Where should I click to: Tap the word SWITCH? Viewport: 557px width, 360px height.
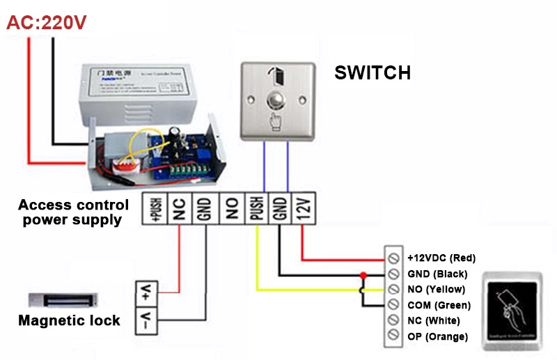pyautogui.click(x=372, y=72)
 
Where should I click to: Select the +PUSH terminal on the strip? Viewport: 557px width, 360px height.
pyautogui.click(x=154, y=210)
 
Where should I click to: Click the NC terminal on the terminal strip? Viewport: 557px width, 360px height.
pyautogui.click(x=180, y=210)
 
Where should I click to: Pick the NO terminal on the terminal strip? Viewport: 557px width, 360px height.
pyautogui.click(x=231, y=210)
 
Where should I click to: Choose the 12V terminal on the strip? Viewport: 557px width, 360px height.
pyautogui.click(x=304, y=209)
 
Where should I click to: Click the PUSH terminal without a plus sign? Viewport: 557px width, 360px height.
pyautogui.click(x=256, y=210)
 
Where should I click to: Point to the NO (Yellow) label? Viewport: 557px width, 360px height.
pyautogui.click(x=436, y=289)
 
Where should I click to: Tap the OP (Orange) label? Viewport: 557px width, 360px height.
pyautogui.click(x=438, y=337)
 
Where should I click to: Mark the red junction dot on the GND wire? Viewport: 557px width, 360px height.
pyautogui.click(x=362, y=274)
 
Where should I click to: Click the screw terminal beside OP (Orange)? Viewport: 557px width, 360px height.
pyautogui.click(x=393, y=337)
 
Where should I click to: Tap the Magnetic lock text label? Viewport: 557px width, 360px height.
pyautogui.click(x=69, y=321)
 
